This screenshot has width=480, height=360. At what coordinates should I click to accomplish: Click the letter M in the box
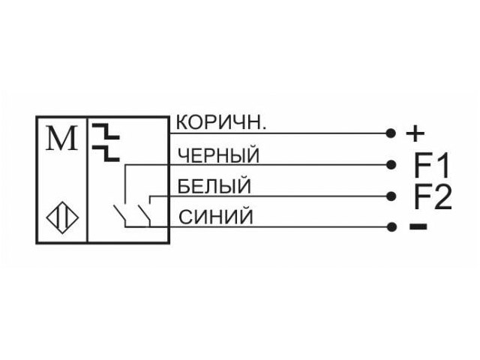click(x=61, y=138)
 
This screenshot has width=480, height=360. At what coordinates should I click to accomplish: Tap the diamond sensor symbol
click(x=62, y=217)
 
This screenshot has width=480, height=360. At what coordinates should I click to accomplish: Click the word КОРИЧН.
click(x=221, y=122)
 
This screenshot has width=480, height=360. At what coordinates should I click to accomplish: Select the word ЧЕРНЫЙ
click(x=218, y=155)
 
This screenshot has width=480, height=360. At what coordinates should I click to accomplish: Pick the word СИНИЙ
click(x=216, y=217)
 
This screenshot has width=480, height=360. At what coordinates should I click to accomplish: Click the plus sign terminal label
click(x=415, y=133)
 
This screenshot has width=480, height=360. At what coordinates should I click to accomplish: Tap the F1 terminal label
click(x=432, y=165)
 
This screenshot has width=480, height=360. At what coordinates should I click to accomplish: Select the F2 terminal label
click(x=433, y=196)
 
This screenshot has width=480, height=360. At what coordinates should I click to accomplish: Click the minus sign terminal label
click(x=418, y=226)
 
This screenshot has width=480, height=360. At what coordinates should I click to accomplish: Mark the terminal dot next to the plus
click(x=391, y=133)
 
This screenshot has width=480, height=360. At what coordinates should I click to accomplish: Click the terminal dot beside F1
click(x=391, y=165)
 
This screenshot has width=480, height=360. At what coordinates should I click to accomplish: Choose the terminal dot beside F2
click(x=391, y=196)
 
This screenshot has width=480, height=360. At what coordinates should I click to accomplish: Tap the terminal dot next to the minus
click(x=391, y=226)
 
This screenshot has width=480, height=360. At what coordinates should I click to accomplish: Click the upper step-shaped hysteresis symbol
click(x=106, y=131)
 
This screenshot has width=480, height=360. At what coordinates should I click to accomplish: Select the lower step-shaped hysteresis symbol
click(x=106, y=153)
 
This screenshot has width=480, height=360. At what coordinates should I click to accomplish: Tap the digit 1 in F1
click(x=443, y=165)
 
